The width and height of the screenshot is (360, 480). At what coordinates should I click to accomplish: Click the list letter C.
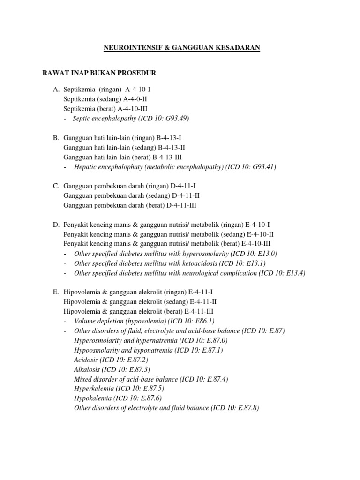click(x=56, y=186)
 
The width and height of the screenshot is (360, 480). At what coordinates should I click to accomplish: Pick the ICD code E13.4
click(x=293, y=273)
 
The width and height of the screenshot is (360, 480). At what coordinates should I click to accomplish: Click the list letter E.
click(x=56, y=292)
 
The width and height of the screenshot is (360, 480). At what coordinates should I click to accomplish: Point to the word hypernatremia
click(x=156, y=340)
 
